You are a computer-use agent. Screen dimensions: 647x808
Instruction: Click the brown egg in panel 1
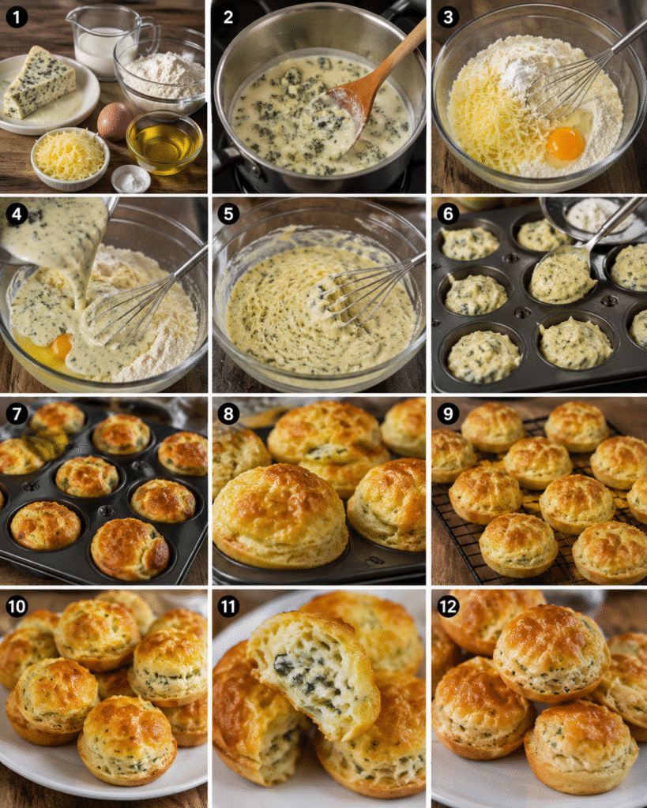(x=115, y=121)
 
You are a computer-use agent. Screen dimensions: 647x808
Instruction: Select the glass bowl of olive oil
(x=164, y=142)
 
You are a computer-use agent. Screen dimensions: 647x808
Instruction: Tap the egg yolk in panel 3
(x=565, y=144)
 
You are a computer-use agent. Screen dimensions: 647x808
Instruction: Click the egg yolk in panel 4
(x=62, y=346)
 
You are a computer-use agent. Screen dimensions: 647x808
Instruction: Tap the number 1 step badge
(x=17, y=17)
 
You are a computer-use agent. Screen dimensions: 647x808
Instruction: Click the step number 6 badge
(x=448, y=213)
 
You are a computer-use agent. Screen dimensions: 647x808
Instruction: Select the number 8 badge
(x=228, y=413)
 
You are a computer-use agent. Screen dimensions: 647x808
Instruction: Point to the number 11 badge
(x=228, y=607)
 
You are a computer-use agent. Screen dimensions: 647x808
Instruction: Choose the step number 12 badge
(x=448, y=607)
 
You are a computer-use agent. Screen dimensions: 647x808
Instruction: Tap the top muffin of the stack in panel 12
(x=551, y=653)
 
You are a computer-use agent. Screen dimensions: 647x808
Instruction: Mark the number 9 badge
(x=448, y=413)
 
